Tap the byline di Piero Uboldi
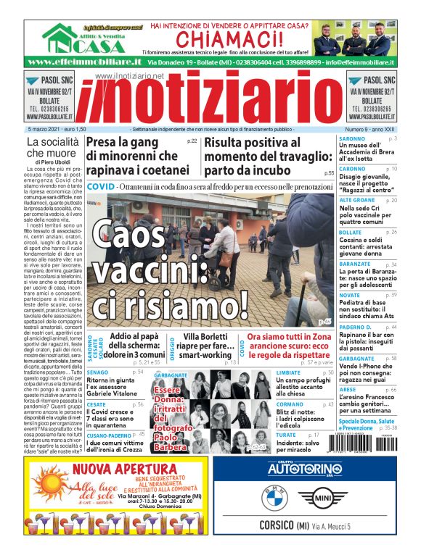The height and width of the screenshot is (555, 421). pos(52,162)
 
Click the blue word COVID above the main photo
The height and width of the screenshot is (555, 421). pos(100,187)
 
